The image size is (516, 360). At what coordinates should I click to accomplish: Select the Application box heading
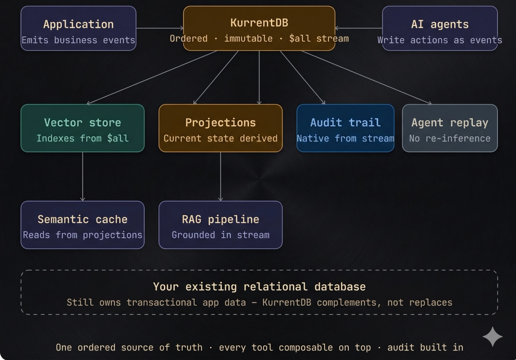[x=78, y=24]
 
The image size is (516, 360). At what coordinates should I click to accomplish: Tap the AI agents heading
[x=439, y=24]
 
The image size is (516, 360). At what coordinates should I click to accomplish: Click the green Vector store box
[x=83, y=128]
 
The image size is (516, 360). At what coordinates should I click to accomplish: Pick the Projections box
[x=220, y=128]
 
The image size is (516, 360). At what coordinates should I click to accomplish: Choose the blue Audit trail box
[x=345, y=128]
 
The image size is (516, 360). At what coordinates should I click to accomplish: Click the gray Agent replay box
[x=450, y=128]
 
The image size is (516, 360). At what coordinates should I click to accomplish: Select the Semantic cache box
[x=83, y=225]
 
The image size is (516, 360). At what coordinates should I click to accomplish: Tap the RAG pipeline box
[x=220, y=225]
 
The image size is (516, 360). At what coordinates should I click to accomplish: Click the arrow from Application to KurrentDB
[x=160, y=28]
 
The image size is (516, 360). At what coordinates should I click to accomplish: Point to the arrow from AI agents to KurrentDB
[x=359, y=28]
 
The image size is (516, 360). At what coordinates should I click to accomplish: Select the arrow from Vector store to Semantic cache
[x=83, y=176]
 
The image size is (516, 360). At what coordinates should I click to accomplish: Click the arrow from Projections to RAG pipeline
[x=221, y=176]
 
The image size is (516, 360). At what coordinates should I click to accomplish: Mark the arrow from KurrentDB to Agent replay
[x=365, y=77]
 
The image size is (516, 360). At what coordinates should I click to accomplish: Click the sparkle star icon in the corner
[x=492, y=336]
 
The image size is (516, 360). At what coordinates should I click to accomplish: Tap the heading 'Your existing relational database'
[x=259, y=286]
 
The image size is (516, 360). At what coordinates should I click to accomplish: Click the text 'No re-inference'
[x=450, y=138]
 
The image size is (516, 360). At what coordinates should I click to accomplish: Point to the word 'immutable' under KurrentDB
[x=248, y=39]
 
